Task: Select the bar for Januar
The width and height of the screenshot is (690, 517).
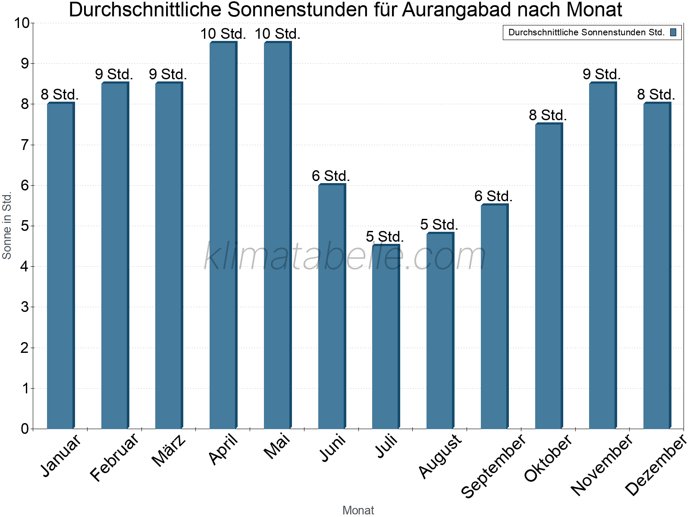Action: click(60, 265)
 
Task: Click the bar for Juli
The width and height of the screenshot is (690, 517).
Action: click(386, 336)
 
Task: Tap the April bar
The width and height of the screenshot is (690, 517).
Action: click(223, 235)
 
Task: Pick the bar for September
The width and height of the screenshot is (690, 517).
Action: click(494, 316)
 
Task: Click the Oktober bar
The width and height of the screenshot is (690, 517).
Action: click(549, 276)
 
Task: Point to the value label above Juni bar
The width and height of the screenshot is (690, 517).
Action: click(331, 176)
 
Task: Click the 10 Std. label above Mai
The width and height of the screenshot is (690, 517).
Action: click(277, 34)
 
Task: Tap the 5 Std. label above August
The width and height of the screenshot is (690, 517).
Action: click(439, 224)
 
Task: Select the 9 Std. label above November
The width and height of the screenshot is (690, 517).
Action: click(602, 74)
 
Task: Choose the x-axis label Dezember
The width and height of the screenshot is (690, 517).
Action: click(655, 464)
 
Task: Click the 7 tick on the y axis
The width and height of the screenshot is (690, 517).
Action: click(24, 145)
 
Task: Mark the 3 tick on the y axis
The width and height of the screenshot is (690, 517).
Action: click(24, 307)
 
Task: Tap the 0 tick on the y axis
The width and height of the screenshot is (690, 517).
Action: click(24, 429)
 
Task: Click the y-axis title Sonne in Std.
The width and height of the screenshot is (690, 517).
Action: click(7, 226)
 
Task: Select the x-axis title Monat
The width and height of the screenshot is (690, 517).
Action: click(358, 510)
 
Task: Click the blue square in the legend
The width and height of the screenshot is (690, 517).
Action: click(673, 32)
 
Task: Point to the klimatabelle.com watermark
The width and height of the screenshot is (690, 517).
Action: click(345, 256)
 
